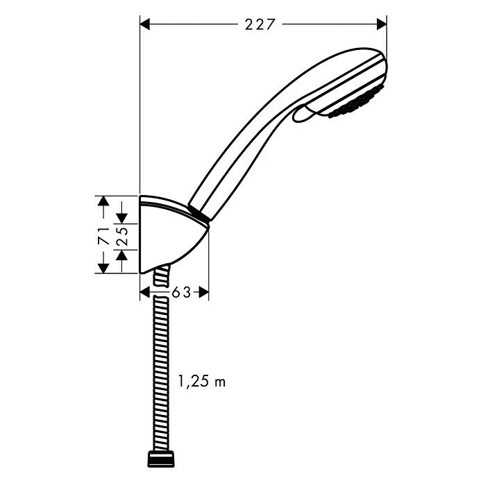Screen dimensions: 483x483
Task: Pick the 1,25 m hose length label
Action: click(x=202, y=381)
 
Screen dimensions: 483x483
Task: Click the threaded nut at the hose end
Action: click(x=162, y=459)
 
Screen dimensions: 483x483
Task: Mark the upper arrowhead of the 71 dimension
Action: click(x=103, y=201)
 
